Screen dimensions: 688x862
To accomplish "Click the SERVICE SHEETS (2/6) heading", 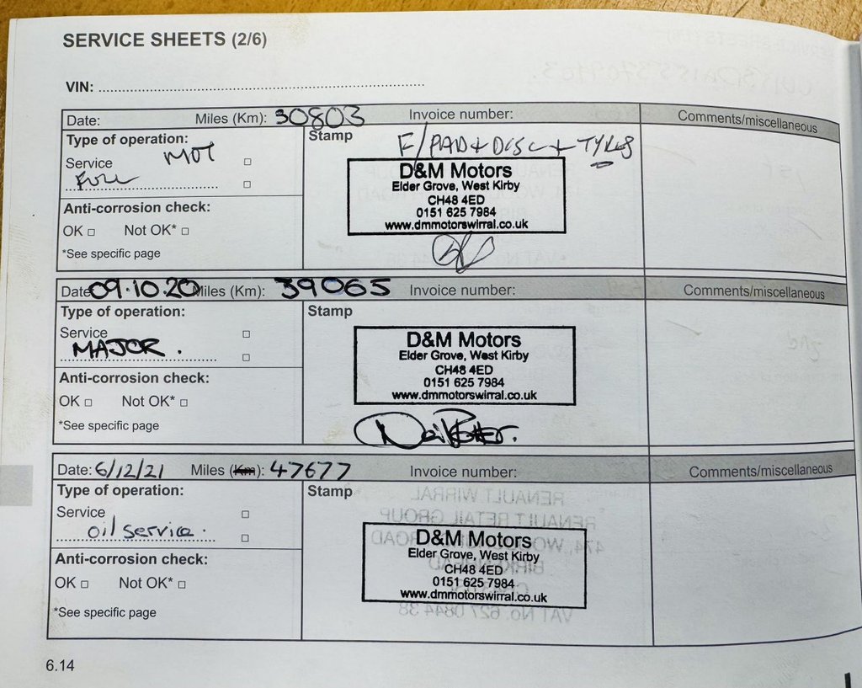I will click(x=164, y=40).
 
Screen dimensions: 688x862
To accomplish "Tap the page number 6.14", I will click(x=61, y=666).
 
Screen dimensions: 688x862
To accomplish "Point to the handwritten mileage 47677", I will click(x=310, y=469).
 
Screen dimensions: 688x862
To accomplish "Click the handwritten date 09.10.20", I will click(x=143, y=290).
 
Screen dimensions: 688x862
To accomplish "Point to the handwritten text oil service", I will click(x=140, y=531).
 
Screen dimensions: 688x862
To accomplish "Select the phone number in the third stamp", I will click(x=473, y=582).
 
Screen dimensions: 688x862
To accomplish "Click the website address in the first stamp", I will click(x=456, y=225).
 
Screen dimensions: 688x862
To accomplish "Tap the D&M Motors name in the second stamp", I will click(x=464, y=340).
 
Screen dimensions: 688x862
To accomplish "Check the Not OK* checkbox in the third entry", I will click(x=182, y=584).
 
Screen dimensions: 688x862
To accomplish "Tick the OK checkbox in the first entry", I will click(x=91, y=231).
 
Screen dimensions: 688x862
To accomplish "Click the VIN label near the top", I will click(x=80, y=86).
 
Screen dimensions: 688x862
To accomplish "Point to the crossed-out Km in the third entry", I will click(x=244, y=470).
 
